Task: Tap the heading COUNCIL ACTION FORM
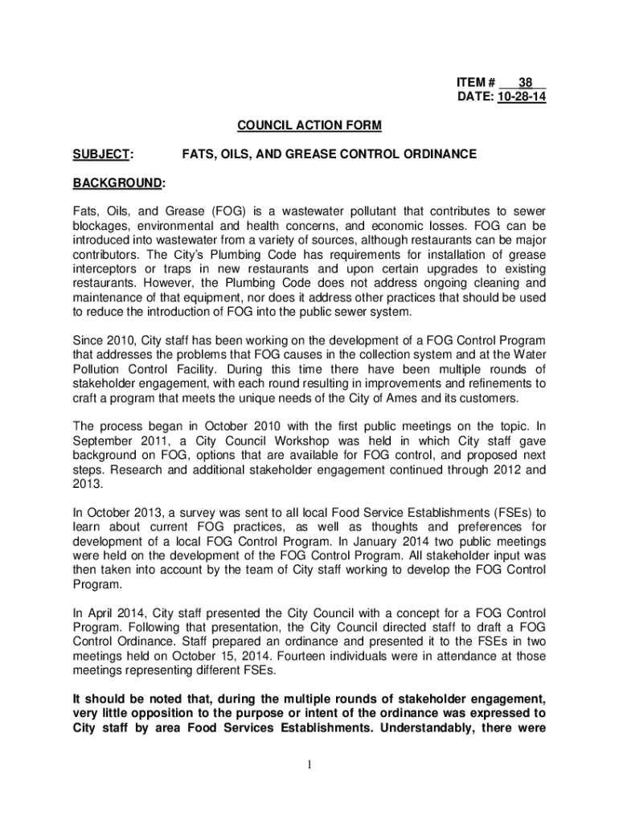pos(309,126)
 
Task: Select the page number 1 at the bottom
pos(309,764)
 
